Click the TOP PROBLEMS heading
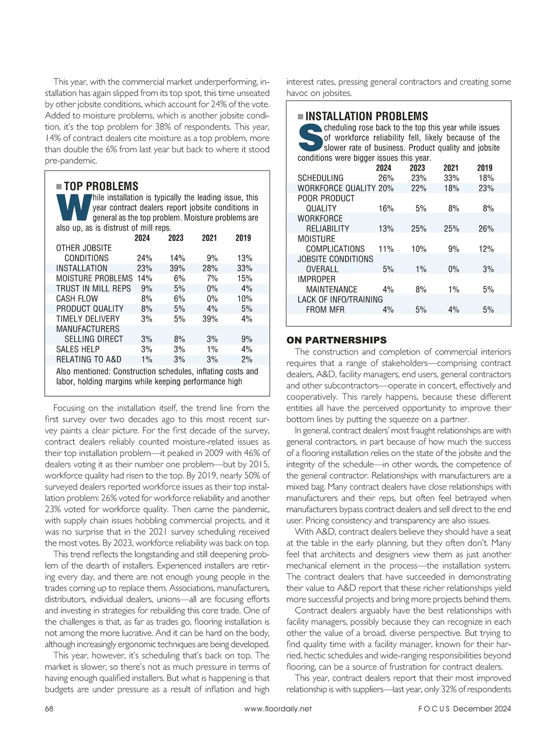[x=101, y=187]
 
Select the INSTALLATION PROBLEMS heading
[x=366, y=116]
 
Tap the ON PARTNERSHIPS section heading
[x=336, y=340]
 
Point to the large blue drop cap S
[x=310, y=137]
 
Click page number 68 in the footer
[x=49, y=708]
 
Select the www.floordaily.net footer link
[x=278, y=708]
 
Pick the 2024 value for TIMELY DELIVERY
[x=146, y=319]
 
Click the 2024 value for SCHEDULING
[x=385, y=178]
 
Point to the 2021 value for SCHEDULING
[x=451, y=178]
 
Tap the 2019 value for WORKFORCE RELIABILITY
[x=486, y=229]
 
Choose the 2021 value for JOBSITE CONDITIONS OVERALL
[x=453, y=269]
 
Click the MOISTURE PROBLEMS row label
[x=94, y=278]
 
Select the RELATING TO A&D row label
[x=88, y=360]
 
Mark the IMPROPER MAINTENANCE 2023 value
[x=421, y=290]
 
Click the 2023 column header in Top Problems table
[x=176, y=238]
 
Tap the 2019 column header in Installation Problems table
[x=485, y=168]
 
